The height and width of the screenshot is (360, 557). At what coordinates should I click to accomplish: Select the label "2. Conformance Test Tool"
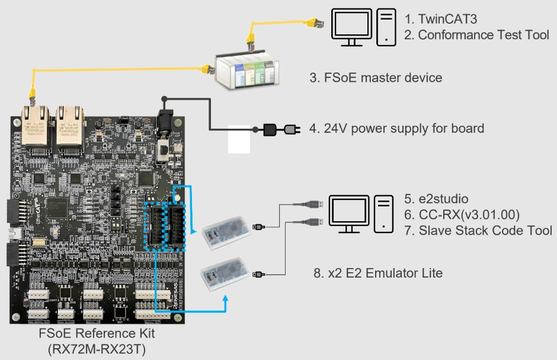click(x=476, y=35)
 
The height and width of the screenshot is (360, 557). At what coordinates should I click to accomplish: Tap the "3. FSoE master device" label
click(x=376, y=78)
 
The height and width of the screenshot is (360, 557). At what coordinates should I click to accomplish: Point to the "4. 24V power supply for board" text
click(x=396, y=128)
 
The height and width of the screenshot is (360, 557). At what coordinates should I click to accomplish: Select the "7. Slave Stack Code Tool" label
click(x=478, y=230)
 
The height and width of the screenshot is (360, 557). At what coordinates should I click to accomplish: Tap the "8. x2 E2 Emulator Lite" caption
click(x=377, y=273)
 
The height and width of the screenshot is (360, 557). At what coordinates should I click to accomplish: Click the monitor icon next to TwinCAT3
click(x=351, y=27)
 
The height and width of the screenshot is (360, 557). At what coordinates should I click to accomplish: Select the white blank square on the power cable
click(x=239, y=139)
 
